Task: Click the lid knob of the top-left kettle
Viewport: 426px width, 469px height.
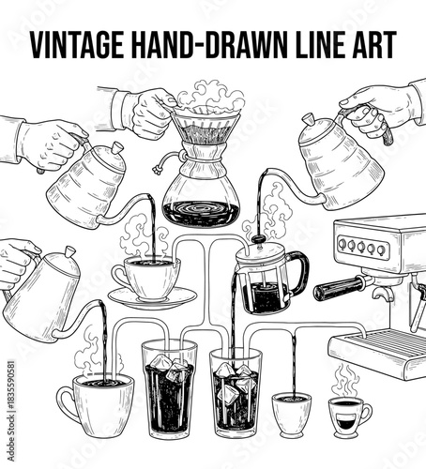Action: click(117, 147)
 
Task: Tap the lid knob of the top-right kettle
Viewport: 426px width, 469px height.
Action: click(307, 119)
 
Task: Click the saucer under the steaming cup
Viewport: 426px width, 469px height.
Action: click(152, 299)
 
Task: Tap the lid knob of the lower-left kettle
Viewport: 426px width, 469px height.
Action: click(70, 250)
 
